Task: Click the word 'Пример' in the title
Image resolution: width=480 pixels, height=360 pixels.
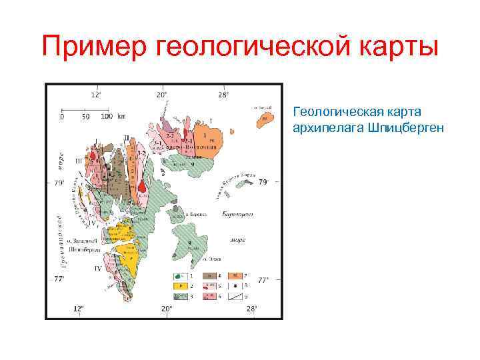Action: tap(95, 47)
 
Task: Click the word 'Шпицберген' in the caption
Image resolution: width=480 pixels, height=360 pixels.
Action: tap(403, 126)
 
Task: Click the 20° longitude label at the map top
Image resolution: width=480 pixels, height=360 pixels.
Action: tap(162, 95)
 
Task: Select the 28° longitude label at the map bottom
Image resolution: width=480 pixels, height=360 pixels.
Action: tap(251, 309)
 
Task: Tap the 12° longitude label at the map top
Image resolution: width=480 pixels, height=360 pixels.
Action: tap(96, 95)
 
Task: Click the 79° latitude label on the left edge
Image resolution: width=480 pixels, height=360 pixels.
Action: tap(59, 182)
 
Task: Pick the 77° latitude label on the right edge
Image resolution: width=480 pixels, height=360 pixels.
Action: tap(263, 280)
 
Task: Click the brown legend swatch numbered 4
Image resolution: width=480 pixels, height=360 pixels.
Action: tap(207, 275)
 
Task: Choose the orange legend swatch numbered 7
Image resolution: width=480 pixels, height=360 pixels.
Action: tap(237, 275)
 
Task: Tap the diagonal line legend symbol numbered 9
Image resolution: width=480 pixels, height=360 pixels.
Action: tap(237, 294)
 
